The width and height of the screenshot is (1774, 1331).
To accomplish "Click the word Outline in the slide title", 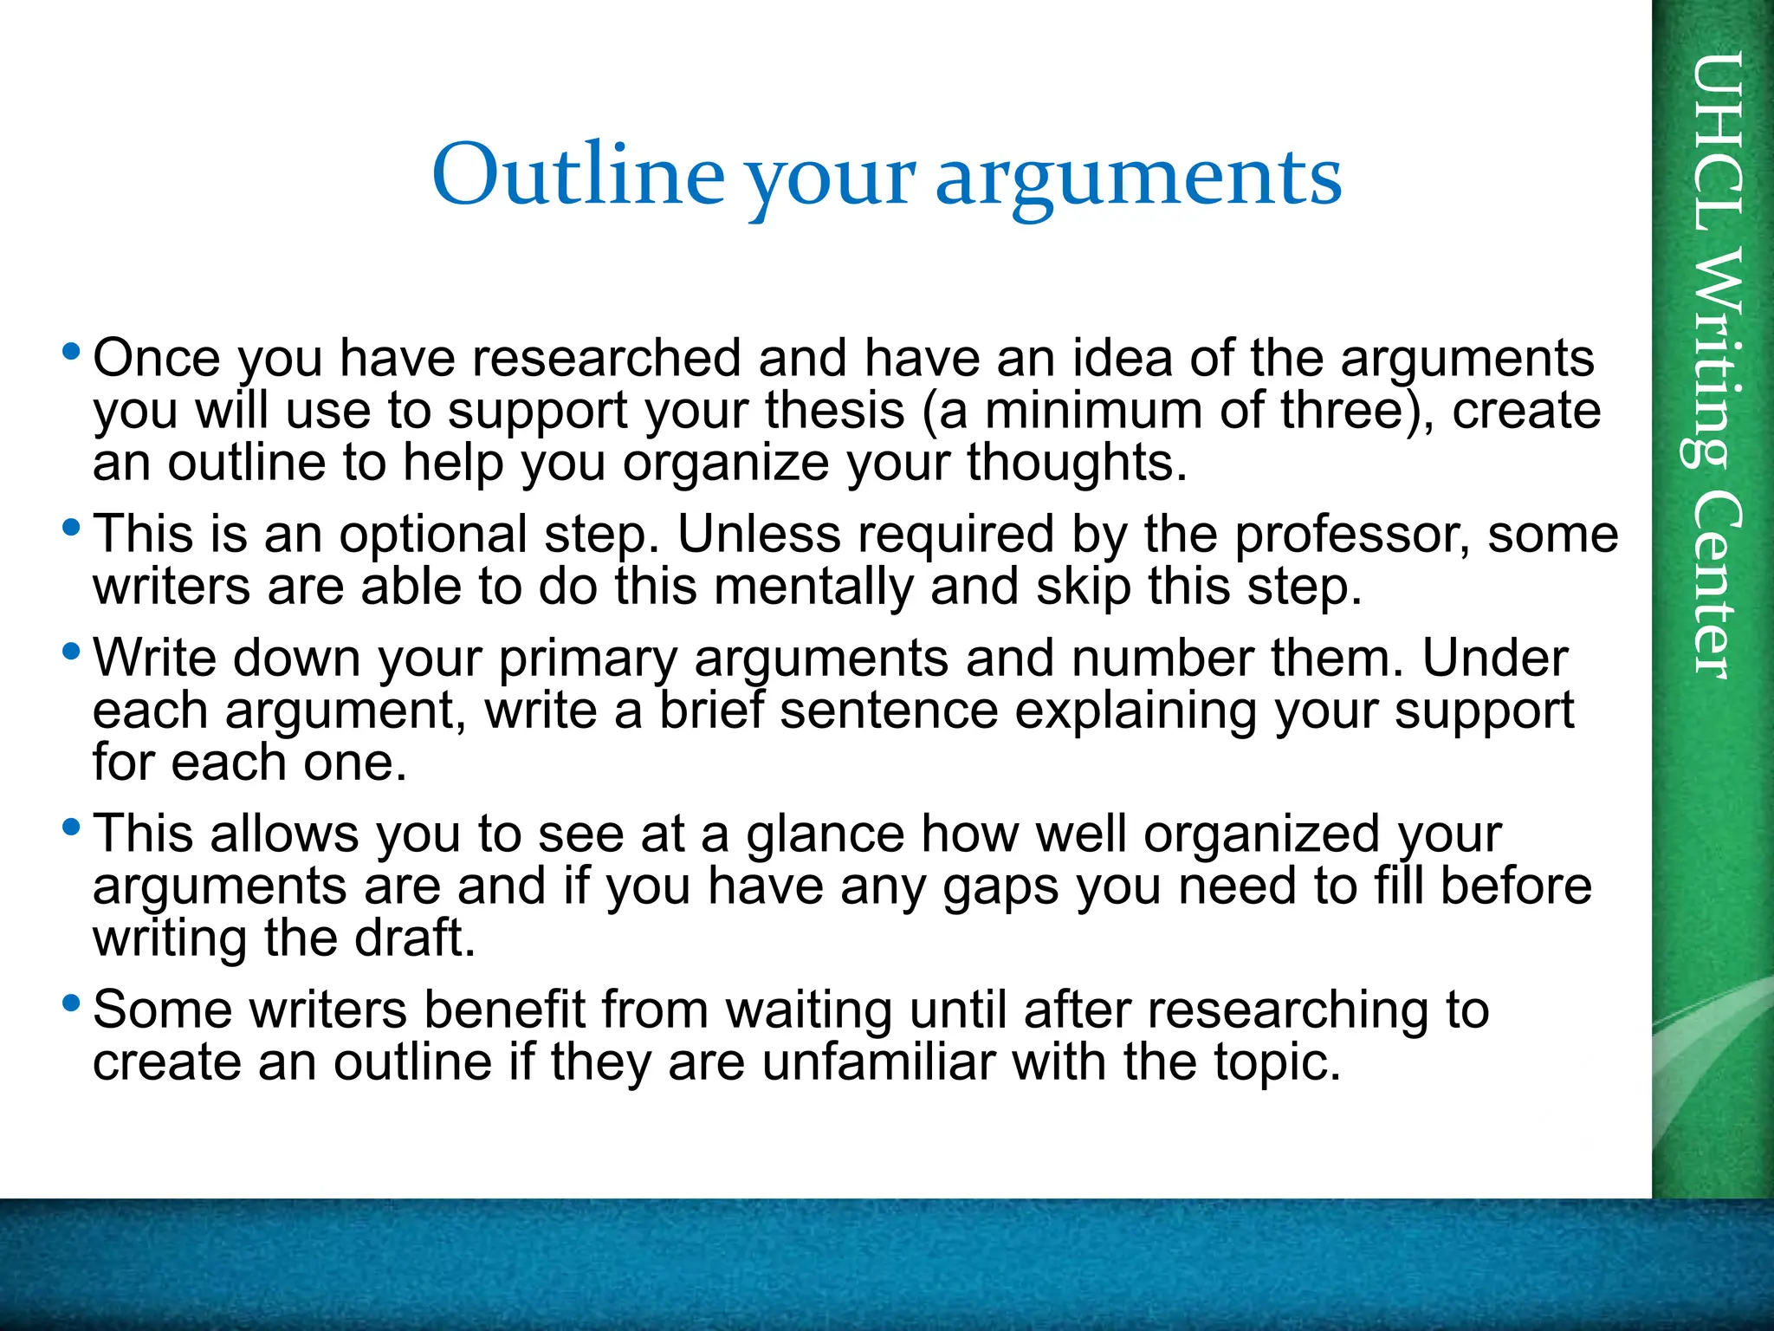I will coord(578,176).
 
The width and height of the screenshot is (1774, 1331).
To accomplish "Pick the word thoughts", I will coord(1077,462).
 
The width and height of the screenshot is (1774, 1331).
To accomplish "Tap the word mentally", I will coord(813,587).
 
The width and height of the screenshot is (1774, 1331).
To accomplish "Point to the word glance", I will coord(825,834).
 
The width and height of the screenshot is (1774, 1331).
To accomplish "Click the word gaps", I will coord(1000,887).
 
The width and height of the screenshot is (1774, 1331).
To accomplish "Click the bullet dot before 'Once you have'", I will coord(72,352).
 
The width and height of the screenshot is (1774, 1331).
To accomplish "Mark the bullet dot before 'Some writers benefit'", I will coord(72,1004).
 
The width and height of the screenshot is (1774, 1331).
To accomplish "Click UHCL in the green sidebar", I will coord(1714,143).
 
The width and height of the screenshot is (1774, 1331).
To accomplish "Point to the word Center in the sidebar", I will coord(1714,585).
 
